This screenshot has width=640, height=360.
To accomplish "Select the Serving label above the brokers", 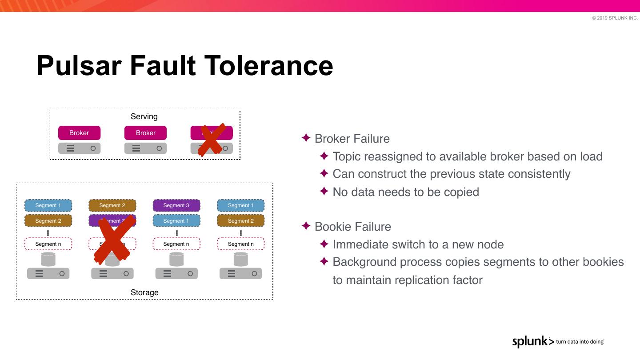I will (x=144, y=116).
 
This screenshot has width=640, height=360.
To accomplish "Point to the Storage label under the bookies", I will (x=144, y=292).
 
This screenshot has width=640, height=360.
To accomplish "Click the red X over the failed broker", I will (x=210, y=140).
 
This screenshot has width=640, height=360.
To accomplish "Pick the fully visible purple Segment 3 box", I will (x=176, y=205).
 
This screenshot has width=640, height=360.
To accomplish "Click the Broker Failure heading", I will (x=352, y=139).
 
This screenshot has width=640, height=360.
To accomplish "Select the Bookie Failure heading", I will (x=353, y=227).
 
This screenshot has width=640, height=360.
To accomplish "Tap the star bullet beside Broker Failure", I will (x=306, y=138).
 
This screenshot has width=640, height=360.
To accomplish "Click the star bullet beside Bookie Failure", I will (x=306, y=226).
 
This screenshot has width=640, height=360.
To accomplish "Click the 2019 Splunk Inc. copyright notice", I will (x=615, y=18).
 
